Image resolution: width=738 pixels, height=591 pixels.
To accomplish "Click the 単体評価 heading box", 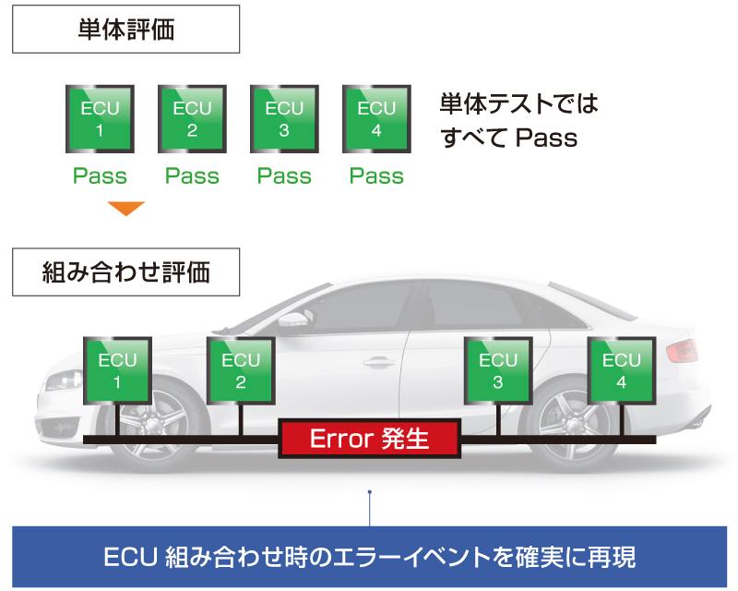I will [x=125, y=30].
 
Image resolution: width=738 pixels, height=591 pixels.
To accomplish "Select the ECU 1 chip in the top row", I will [x=100, y=118].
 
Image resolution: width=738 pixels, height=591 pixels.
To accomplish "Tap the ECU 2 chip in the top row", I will [x=192, y=118].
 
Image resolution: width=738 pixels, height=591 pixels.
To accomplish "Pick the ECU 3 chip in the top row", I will [x=284, y=118].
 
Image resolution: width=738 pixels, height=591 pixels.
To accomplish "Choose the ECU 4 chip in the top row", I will [x=376, y=118].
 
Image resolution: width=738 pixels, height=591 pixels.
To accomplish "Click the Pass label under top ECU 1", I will [x=100, y=175].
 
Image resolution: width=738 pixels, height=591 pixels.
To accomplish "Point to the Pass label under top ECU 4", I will [x=376, y=175].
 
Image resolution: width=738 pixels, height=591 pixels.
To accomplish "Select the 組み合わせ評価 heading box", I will [x=125, y=272].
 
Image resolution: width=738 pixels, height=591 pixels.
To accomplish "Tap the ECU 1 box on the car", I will [x=117, y=369].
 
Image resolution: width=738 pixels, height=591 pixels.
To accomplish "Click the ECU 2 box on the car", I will [x=241, y=369].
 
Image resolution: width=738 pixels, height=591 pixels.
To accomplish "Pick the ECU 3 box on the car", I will [x=498, y=369].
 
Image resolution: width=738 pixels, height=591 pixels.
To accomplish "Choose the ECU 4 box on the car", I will [x=622, y=369].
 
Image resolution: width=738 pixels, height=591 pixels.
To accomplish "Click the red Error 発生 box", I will [x=369, y=438].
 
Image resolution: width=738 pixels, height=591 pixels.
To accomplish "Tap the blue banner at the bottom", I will [x=369, y=558].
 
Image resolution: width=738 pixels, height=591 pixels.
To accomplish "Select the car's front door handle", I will [x=379, y=362].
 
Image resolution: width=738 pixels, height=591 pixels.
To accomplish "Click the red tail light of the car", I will [x=682, y=352].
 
